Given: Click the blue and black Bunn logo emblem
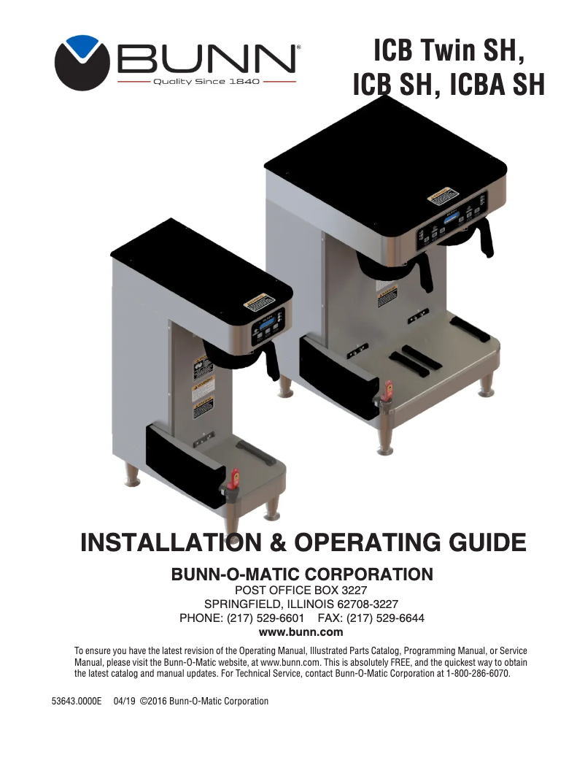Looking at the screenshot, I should pyautogui.click(x=81, y=63).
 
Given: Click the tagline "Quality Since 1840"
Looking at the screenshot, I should pyautogui.click(x=206, y=82).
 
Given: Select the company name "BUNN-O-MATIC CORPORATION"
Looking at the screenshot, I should pyautogui.click(x=301, y=575).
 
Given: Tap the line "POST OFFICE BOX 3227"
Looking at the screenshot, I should pyautogui.click(x=301, y=590).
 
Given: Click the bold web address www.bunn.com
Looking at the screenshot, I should pyautogui.click(x=301, y=632).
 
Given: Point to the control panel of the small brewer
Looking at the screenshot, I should pyautogui.click(x=268, y=326).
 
